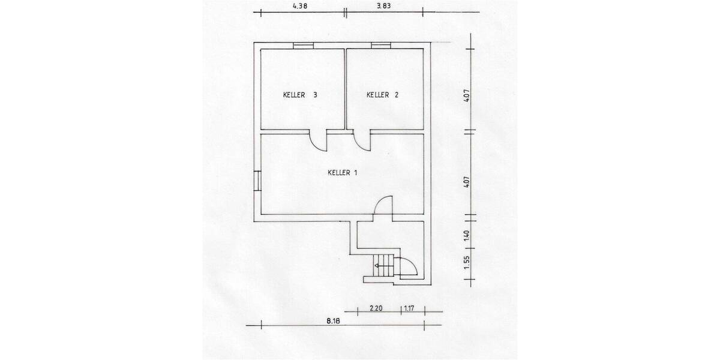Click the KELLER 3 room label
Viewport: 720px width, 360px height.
point(300,95)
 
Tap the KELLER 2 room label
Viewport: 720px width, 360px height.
point(383,95)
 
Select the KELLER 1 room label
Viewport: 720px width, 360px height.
point(343,173)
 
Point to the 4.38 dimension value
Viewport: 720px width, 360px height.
point(299,6)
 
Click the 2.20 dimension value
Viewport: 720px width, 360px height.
point(376,308)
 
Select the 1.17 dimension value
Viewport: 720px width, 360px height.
point(410,308)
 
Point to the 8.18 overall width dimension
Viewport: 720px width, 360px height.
point(334,321)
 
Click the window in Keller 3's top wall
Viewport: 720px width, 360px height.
point(302,46)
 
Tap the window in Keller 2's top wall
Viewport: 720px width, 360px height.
point(380,46)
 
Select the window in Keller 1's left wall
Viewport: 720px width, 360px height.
point(257,180)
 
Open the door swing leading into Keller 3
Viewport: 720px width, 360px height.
point(318,142)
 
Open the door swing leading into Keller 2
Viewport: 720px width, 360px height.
point(362,142)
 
